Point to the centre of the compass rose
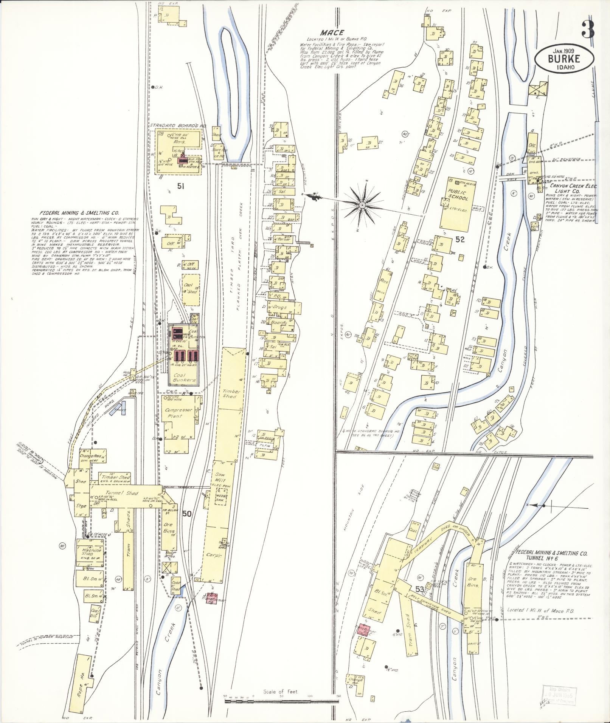362,205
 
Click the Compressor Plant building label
176,413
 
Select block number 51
181,186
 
